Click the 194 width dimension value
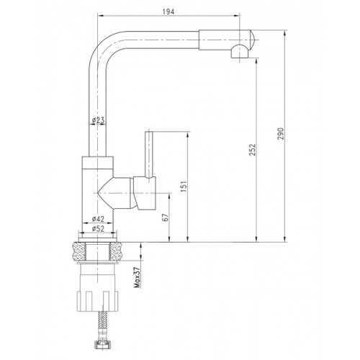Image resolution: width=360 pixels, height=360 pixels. coord(168,12)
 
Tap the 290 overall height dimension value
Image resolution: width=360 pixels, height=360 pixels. coord(281,134)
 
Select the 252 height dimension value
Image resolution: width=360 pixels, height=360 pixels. coord(252,150)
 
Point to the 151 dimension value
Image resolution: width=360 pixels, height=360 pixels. coord(184,186)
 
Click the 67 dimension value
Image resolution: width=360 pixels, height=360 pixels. coord(166,217)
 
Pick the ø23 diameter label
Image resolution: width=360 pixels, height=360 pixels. coord(99,120)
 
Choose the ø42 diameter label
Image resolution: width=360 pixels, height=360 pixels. coord(98,219)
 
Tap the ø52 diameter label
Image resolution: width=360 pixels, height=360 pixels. coord(98,229)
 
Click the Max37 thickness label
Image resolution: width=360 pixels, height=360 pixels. coord(138,277)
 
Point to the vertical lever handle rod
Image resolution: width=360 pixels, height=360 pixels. coord(149,155)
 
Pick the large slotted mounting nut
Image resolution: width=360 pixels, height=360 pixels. coord(97,301)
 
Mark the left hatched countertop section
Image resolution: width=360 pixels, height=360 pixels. coord(78,251)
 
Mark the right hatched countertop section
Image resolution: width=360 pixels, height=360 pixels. coord(117,251)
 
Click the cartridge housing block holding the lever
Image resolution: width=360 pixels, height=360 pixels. coord(145,193)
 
